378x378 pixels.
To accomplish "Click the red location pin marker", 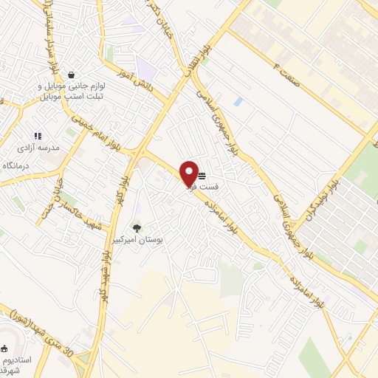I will point(189,173).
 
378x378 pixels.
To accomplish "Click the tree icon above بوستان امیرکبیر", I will point(137,227).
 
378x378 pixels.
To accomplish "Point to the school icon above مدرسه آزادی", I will point(38,136).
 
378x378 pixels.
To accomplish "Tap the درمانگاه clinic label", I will point(20,165).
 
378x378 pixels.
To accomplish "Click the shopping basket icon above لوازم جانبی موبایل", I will point(71,75).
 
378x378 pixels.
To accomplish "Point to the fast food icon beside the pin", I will point(202,176).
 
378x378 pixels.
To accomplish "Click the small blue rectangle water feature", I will point(238,101).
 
